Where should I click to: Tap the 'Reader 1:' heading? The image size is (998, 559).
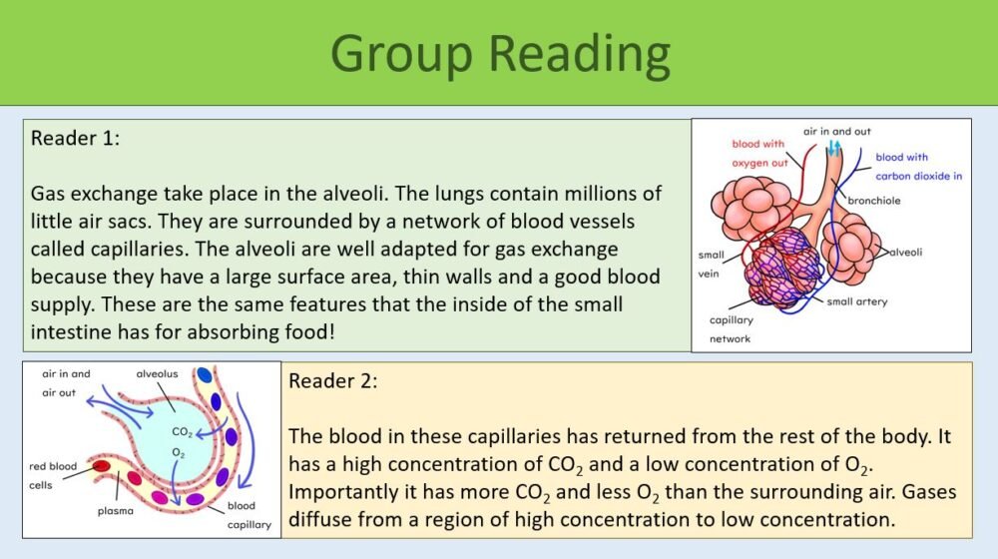click(x=76, y=138)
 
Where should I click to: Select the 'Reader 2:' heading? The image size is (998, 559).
click(x=333, y=380)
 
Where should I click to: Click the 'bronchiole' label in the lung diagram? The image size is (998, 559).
click(x=875, y=201)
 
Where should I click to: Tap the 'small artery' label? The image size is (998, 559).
click(x=857, y=301)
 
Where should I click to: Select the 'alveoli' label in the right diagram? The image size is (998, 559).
click(x=905, y=252)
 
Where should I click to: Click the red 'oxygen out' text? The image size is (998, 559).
click(x=759, y=163)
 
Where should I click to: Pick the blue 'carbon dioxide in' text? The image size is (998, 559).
click(x=918, y=176)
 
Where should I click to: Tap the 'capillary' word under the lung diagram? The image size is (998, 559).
click(x=731, y=320)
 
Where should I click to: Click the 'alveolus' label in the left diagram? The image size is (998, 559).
click(x=159, y=374)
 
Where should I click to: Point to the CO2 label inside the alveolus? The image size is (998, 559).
click(x=183, y=432)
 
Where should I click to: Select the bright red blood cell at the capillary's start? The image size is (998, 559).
click(x=102, y=466)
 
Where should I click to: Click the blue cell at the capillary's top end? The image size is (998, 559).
click(x=205, y=375)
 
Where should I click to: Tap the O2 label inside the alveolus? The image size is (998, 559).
click(x=178, y=452)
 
